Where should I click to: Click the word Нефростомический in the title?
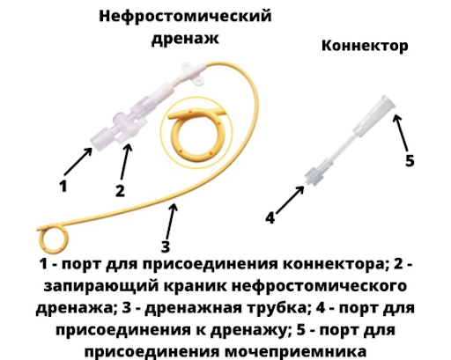[x=185, y=17]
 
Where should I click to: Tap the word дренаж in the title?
[x=185, y=39]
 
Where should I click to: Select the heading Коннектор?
[x=365, y=46]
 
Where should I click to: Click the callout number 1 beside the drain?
[x=63, y=186]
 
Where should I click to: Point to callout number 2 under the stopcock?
[x=120, y=190]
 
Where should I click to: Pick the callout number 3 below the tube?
[x=166, y=246]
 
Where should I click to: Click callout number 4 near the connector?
[x=270, y=217]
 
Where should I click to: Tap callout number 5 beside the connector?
[x=410, y=160]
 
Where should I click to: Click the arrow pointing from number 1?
[x=78, y=162]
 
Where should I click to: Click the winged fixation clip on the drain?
[x=193, y=74]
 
